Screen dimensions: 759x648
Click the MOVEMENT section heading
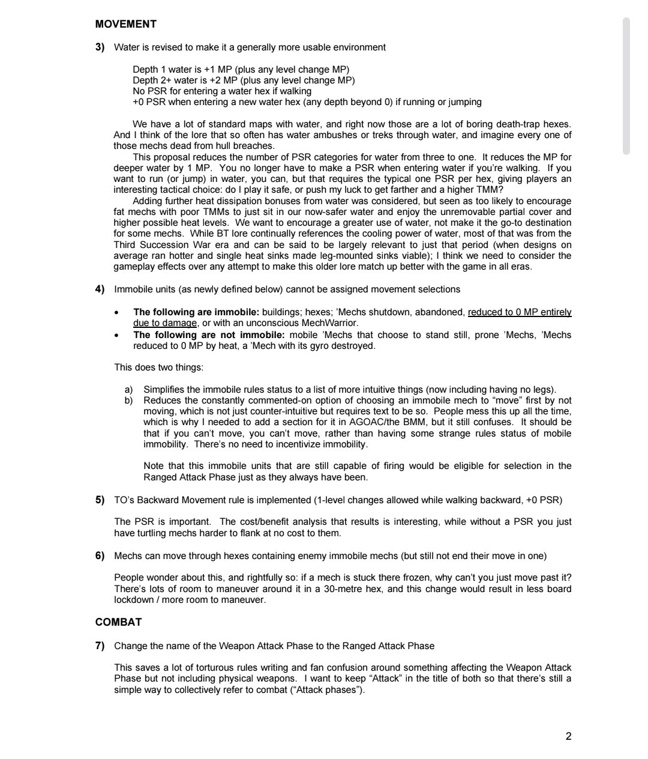pos(125,24)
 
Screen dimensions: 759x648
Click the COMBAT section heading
pos(118,622)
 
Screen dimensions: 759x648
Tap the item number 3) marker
pos(100,47)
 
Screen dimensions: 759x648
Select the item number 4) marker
pos(100,289)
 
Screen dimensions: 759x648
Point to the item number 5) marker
pos(100,500)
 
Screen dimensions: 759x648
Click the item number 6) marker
pos(100,556)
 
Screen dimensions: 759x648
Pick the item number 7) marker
pos(100,646)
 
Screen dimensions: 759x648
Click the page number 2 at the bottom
pos(568,736)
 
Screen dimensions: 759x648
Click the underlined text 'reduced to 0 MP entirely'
pos(520,312)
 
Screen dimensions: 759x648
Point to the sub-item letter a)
pos(129,390)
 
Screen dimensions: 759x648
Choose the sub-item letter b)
pos(129,401)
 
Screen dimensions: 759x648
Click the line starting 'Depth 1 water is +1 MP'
pos(241,70)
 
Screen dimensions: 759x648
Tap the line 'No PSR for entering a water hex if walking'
pos(222,91)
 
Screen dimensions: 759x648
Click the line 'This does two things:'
pos(158,367)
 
